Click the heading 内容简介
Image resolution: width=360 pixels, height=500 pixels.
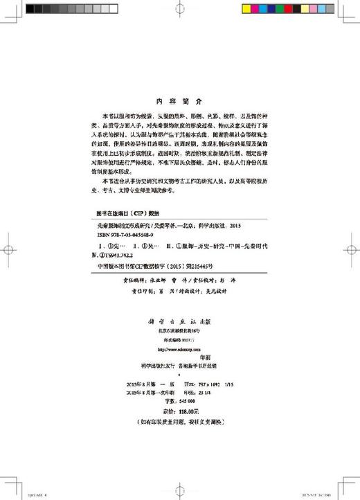179,99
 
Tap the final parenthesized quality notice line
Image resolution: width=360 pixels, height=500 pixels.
179,421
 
